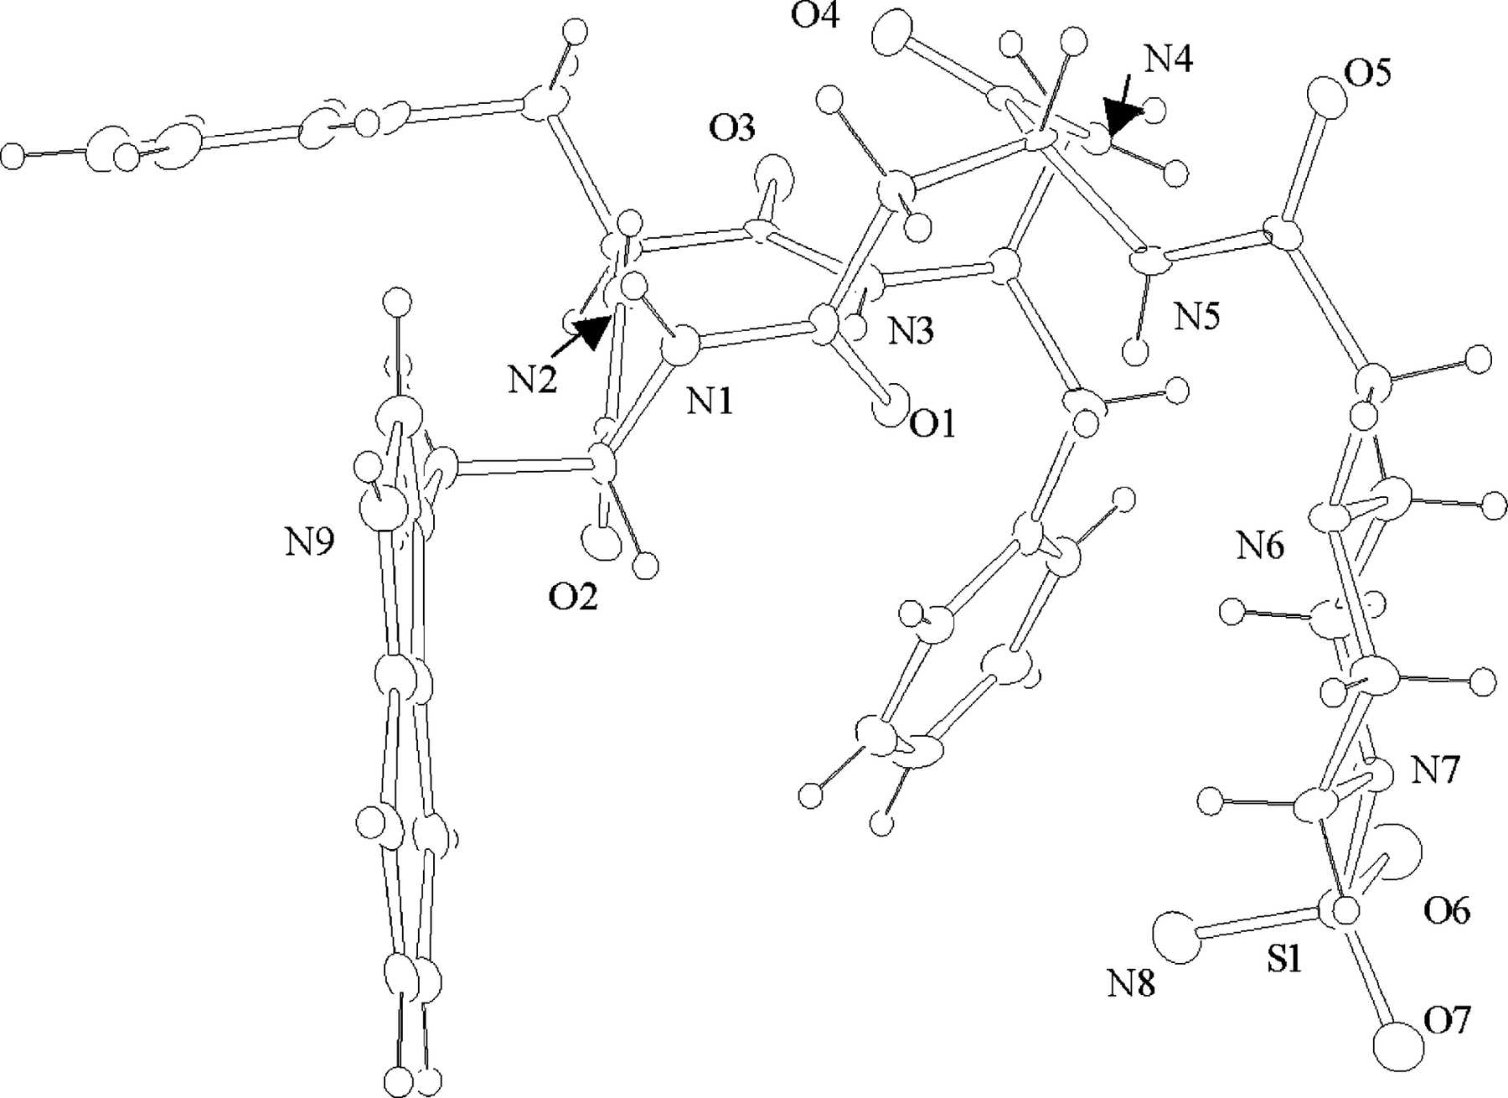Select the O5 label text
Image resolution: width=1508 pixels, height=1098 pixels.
[1366, 74]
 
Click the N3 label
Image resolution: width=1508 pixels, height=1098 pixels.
[911, 332]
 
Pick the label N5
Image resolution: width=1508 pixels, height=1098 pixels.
[1196, 317]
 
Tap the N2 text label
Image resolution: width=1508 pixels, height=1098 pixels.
[533, 382]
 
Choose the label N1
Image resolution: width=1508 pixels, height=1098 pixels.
[710, 402]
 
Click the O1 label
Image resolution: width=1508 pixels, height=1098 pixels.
[932, 425]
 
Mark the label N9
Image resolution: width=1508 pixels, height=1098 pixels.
[309, 544]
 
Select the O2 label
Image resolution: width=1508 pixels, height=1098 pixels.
[573, 598]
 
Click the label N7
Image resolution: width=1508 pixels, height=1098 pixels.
[1436, 769]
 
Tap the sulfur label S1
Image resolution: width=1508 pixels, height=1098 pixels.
[1283, 961]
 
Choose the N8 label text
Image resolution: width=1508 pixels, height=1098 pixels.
[1131, 984]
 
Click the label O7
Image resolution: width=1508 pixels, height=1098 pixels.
[1447, 1021]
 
